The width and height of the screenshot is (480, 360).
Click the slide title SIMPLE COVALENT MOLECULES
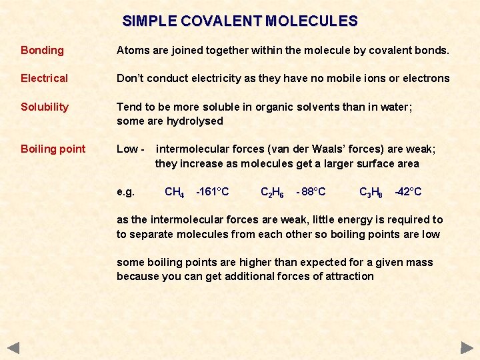click(240, 21)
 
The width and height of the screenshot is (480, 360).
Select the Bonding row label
click(42, 51)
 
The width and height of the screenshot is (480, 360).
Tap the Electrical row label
click(44, 79)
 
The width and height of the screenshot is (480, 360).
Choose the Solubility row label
click(45, 107)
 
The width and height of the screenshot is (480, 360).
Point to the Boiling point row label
click(53, 149)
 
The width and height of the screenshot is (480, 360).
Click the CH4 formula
click(174, 193)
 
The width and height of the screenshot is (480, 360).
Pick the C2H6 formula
click(272, 193)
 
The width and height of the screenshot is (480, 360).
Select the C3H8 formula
click(371, 193)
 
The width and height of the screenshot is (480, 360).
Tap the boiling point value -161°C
click(212, 192)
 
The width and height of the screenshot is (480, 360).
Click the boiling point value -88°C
click(311, 192)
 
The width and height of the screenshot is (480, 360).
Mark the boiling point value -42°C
click(408, 192)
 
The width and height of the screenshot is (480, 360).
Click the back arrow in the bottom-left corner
click(13, 347)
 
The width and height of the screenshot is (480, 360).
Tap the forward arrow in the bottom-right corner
click(467, 347)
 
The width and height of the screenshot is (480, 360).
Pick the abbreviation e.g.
click(125, 192)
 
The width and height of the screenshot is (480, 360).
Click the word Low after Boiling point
click(127, 149)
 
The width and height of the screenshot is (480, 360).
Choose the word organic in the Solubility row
click(259, 107)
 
